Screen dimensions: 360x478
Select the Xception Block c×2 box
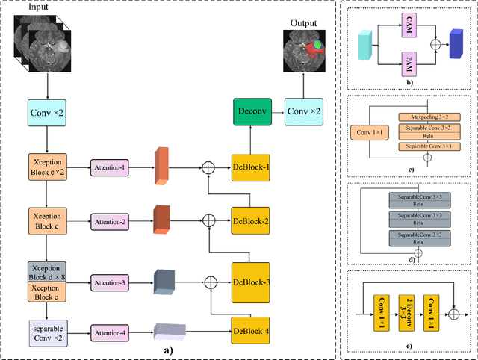click(x=48, y=164)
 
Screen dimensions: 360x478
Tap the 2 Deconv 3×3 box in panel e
click(x=405, y=308)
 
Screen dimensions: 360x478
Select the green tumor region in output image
click(x=317, y=45)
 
